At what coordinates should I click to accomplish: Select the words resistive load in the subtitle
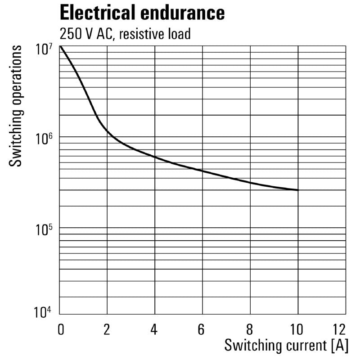(153, 34)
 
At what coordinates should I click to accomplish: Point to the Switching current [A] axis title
(286, 346)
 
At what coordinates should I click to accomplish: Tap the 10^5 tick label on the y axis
(45, 230)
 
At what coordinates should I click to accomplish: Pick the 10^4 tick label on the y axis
(45, 312)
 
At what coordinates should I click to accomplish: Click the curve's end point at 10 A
(297, 190)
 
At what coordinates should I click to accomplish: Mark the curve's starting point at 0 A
(60, 46)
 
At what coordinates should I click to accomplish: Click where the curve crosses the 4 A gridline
(155, 157)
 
